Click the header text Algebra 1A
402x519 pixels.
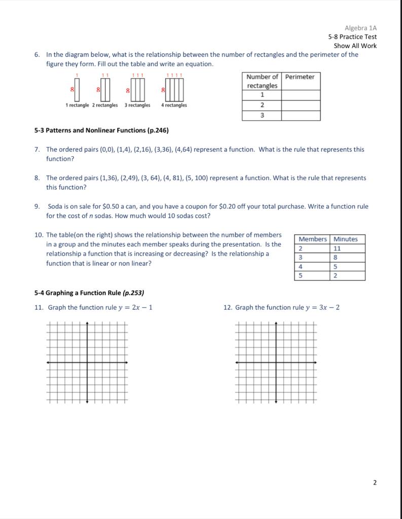tap(360, 28)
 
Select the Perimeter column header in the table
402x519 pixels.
tap(300, 77)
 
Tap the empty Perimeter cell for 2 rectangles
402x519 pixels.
tap(301, 105)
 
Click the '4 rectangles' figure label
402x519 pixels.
tap(174, 105)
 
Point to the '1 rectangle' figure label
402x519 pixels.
tap(78, 105)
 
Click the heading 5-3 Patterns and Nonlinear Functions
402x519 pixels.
tap(101, 130)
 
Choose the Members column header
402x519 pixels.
tap(312, 239)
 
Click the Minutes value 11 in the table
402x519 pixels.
tap(338, 248)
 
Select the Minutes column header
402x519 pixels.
tap(345, 239)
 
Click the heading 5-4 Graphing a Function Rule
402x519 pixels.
tap(89, 292)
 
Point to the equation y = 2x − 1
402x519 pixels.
tap(135, 308)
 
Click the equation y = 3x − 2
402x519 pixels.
tap(322, 308)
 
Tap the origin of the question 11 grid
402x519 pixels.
tap(87, 363)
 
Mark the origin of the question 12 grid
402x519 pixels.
tap(276, 363)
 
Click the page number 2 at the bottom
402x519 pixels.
tap(375, 483)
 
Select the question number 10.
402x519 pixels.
tap(39, 235)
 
